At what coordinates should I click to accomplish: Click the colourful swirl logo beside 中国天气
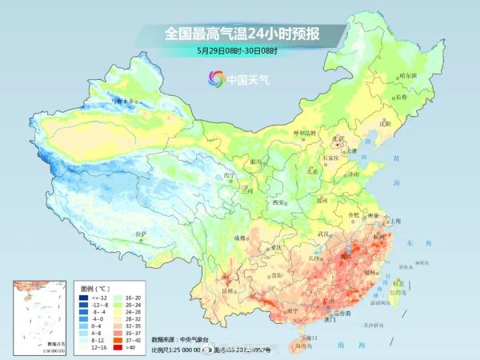pos(215,78)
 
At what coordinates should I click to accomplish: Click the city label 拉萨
pos(142,234)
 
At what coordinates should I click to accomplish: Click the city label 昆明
pos(230,290)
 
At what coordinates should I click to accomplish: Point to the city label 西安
pos(279,202)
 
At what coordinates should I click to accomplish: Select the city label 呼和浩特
pos(305,132)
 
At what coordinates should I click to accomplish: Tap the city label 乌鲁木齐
pos(124,102)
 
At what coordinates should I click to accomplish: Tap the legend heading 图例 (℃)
pos(96,287)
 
